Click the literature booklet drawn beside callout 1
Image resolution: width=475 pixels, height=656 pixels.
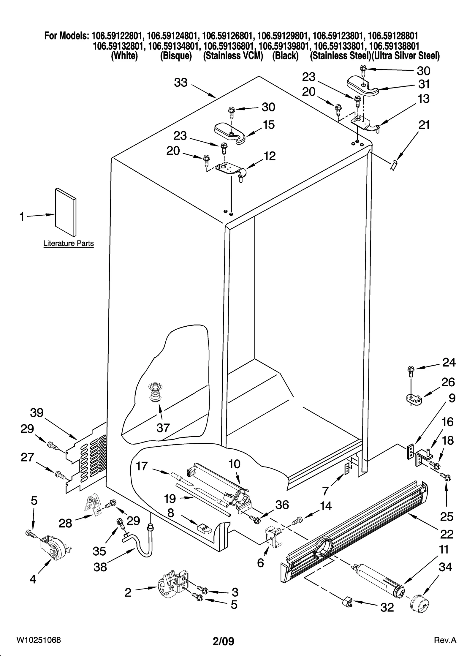point(65,212)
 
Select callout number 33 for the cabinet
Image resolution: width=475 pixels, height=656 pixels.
point(180,83)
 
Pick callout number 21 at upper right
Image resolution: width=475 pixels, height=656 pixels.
point(424,125)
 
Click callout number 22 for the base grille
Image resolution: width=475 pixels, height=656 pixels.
point(446,534)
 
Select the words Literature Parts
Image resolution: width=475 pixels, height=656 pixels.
point(69,244)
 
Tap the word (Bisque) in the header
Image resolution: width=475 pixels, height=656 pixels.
point(176,56)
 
